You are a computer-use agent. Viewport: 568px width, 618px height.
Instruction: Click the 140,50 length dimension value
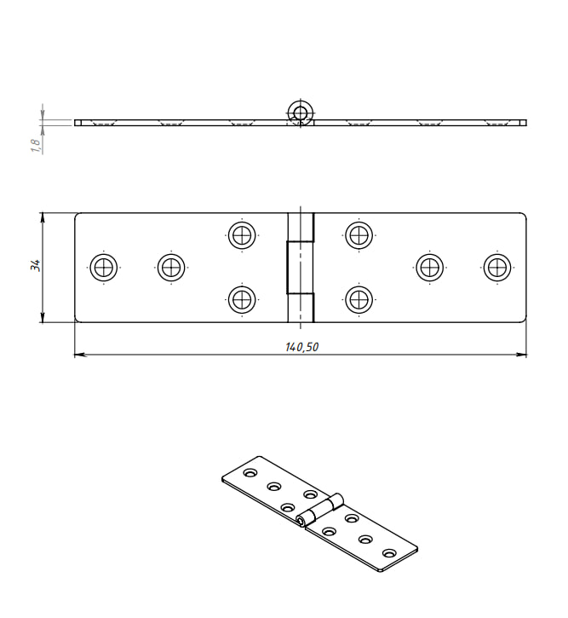(x=302, y=347)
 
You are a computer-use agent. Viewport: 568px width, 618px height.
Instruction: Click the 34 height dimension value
(x=36, y=265)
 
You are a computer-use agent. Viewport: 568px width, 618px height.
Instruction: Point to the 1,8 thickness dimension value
(x=36, y=146)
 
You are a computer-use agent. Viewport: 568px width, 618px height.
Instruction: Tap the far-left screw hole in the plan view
(x=104, y=267)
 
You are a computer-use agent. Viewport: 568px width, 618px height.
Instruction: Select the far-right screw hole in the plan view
(x=497, y=267)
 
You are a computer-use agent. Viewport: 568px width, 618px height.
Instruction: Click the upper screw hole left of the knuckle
(x=242, y=235)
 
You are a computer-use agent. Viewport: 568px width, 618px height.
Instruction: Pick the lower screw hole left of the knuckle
(x=242, y=299)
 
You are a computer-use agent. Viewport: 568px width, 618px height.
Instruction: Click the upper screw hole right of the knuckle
(x=359, y=235)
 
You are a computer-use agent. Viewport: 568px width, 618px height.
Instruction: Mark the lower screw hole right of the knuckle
(x=359, y=299)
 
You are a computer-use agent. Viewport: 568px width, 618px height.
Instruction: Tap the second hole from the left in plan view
(x=171, y=267)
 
